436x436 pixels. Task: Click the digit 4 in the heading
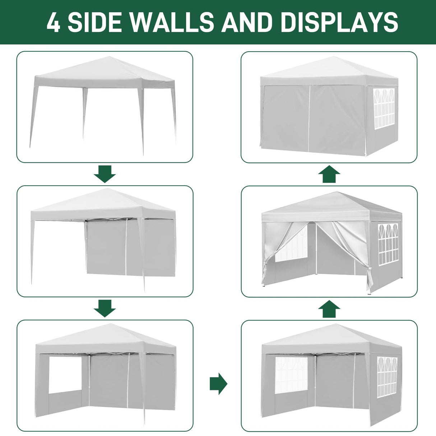pos(53,22)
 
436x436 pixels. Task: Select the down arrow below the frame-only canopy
pos(105,174)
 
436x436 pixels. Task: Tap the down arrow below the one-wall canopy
pos(105,308)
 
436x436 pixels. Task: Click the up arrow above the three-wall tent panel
pos(329,309)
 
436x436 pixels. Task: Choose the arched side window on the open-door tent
pos(389,243)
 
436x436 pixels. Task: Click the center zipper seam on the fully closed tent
pos(309,119)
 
